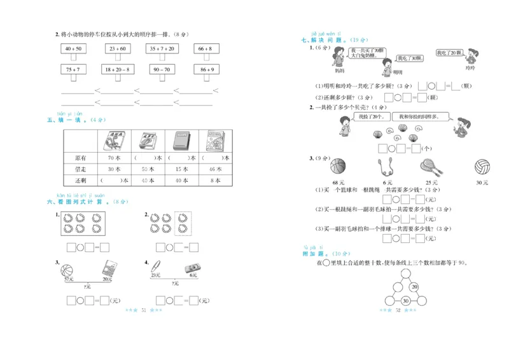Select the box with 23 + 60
coord(117,48)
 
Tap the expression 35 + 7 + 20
coord(162,48)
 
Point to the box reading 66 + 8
coord(205,48)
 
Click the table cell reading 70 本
coord(115,158)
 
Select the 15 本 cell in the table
coord(182,169)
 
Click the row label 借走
coord(80,169)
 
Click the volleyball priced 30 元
coord(482,167)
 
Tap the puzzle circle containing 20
coord(414,287)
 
